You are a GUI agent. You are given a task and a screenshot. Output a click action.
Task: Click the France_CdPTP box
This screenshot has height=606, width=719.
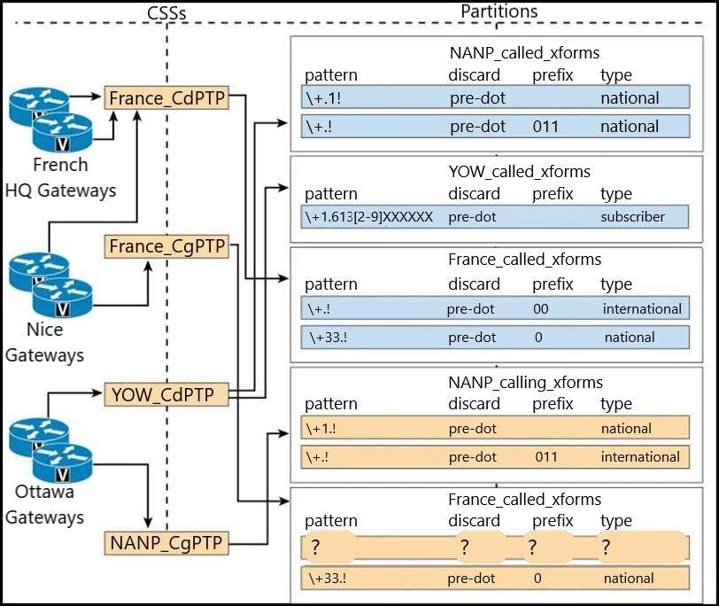click(x=166, y=97)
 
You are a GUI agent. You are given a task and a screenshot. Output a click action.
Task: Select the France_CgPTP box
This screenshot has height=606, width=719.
click(x=166, y=245)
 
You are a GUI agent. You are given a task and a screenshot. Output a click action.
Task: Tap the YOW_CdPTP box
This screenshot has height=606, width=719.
click(x=166, y=394)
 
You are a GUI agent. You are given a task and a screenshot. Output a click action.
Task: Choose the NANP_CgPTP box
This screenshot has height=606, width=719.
click(x=166, y=541)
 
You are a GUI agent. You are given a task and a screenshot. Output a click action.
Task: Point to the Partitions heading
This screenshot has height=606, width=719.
click(x=498, y=11)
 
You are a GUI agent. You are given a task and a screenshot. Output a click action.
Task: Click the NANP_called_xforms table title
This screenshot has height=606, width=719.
click(x=524, y=53)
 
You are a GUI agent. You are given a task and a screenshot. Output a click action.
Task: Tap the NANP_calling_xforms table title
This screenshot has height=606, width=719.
click(x=526, y=383)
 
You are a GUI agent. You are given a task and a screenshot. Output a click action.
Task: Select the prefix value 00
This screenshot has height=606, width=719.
click(x=542, y=309)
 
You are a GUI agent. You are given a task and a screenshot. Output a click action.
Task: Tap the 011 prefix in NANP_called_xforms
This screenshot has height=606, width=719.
click(x=545, y=127)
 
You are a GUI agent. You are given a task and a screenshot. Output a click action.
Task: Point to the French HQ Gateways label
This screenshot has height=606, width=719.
click(x=60, y=177)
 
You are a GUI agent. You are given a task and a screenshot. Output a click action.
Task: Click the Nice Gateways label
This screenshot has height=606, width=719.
click(x=44, y=342)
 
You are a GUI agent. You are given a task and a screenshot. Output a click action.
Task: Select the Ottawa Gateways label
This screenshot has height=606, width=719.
click(x=44, y=504)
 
